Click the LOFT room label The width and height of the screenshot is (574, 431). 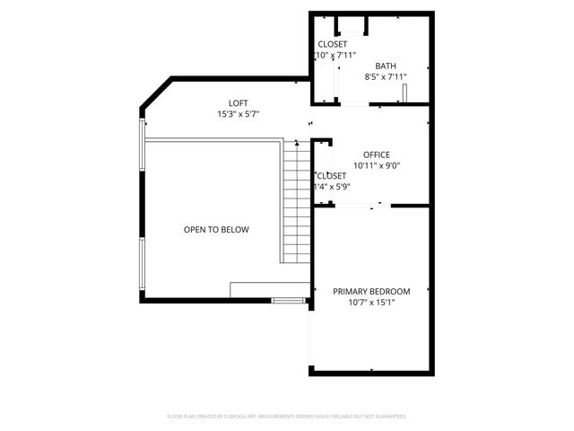(x=238, y=103)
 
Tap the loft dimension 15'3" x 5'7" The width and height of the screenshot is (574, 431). (x=238, y=115)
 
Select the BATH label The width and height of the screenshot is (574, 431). (x=386, y=66)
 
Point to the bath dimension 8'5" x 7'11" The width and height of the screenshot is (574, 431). (x=386, y=77)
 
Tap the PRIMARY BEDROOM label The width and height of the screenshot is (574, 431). (x=371, y=291)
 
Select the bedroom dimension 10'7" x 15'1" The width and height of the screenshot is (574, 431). (x=371, y=303)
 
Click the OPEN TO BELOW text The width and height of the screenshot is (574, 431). (x=216, y=230)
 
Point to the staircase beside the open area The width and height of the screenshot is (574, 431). (x=296, y=202)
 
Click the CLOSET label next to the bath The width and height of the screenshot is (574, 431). (x=332, y=44)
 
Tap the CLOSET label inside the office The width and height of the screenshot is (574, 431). (x=330, y=175)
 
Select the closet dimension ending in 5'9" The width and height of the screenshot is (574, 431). (x=330, y=187)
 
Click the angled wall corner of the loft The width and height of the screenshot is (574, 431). (x=155, y=93)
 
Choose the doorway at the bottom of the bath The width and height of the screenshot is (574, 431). (x=355, y=105)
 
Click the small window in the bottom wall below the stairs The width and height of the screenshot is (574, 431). (x=288, y=300)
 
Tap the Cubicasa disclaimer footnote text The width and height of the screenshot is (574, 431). (x=287, y=417)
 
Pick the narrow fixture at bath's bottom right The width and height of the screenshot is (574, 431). (x=404, y=94)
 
